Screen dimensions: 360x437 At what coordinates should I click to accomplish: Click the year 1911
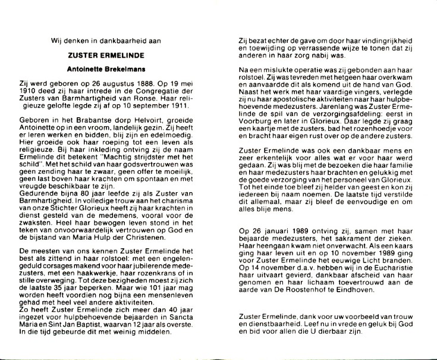(x=175, y=107)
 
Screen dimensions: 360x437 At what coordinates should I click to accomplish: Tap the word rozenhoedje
(x=362, y=118)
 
